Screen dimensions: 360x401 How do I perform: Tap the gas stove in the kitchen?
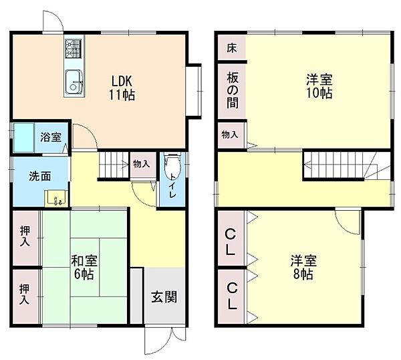[x=74, y=50]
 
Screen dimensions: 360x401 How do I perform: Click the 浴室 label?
[x=50, y=137]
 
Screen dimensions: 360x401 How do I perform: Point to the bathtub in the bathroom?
[x=25, y=137]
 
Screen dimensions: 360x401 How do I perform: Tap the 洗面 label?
[x=39, y=177]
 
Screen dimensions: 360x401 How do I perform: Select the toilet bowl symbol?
[x=172, y=163]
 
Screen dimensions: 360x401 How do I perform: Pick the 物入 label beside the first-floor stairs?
[x=141, y=163]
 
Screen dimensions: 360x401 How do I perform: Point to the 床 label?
[x=231, y=48]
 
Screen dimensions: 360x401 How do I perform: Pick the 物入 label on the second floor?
[x=229, y=135]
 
